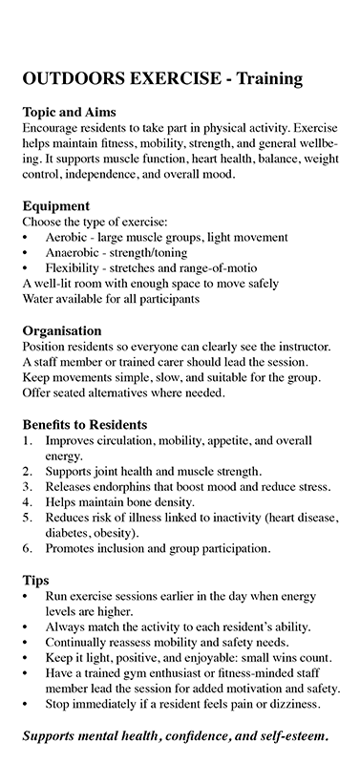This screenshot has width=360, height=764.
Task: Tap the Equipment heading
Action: [x=57, y=204]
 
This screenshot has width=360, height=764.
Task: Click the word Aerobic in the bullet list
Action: [x=70, y=236]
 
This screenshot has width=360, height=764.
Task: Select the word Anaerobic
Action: [x=76, y=252]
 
